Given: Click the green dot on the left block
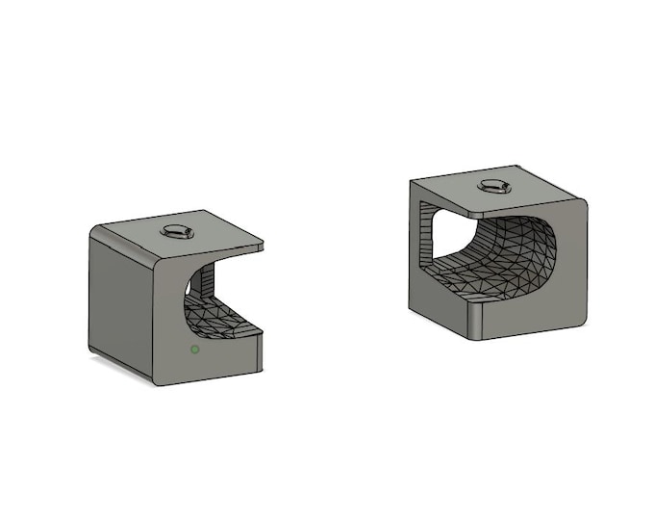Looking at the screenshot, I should (195, 349).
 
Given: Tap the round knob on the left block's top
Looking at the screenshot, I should (178, 230).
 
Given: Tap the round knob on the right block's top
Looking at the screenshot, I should (495, 186).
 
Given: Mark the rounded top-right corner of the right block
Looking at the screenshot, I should (581, 205).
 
